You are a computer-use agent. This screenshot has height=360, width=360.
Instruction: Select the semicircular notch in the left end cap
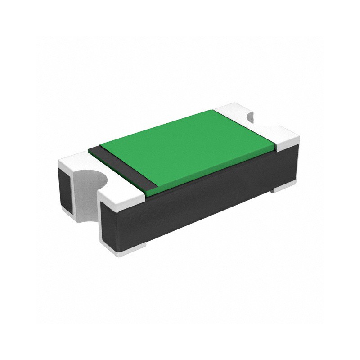click(92, 180)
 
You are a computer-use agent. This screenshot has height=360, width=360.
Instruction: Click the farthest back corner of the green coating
click(211, 110)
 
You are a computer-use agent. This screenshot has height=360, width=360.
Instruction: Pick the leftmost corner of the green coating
click(100, 145)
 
